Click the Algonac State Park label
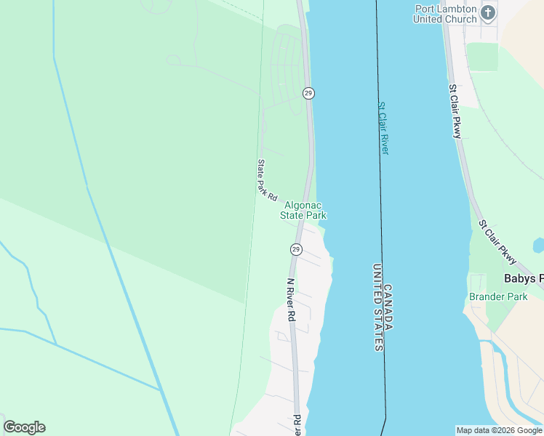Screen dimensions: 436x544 pos(303,211)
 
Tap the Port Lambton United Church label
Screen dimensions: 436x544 pos(444,14)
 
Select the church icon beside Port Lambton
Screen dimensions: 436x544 pos(487,12)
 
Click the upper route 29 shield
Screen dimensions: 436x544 pos(308,93)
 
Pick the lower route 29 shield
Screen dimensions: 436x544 pos(295,249)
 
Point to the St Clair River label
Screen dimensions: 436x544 pos(383,128)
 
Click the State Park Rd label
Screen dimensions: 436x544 pos(267,180)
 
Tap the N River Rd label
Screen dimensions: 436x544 pos(290,299)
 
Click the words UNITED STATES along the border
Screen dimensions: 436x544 pos(377,307)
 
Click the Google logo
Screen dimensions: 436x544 pos(24,427)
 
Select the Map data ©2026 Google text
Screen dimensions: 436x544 pos(499,430)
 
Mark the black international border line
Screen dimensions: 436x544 pos(379,182)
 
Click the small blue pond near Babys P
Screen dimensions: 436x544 pos(539,246)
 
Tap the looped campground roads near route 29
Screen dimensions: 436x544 pos(286,69)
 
